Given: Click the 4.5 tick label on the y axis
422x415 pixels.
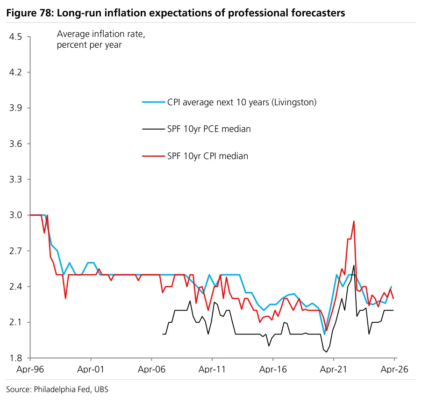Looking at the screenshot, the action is [15, 36].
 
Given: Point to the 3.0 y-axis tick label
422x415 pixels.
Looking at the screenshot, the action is [15, 215].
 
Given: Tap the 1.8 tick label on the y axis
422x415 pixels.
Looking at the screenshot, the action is [15, 358].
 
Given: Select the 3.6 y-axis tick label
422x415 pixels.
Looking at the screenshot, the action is [15, 144].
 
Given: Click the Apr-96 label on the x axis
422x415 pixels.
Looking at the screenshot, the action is [30, 369].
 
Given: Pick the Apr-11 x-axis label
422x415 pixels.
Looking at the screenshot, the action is [212, 369].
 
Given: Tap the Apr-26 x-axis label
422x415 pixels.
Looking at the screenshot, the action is [394, 369].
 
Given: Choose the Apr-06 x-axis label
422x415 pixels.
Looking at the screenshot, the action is [151, 369].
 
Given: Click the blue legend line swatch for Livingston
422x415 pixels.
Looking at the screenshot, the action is [153, 102].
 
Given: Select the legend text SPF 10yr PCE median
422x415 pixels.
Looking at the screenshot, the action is [209, 129].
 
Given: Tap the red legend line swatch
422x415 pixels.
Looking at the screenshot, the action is [153, 156].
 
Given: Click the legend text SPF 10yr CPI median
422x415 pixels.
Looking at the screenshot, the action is [207, 156].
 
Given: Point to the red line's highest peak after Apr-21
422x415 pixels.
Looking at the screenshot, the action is [354, 221].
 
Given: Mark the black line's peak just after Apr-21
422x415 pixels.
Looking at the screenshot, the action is [354, 265].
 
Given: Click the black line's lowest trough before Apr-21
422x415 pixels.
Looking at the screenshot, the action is [327, 352].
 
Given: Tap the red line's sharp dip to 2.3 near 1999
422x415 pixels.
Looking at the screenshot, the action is [65, 299].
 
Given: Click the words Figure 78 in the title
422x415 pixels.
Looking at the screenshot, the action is [29, 13].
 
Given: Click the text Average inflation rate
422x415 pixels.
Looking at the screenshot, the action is [101, 34].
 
